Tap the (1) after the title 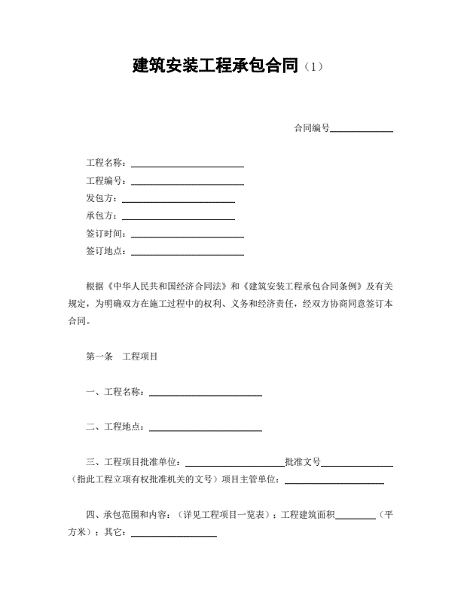pos(313,67)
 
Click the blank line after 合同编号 pos(362,129)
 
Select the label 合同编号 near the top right pos(312,128)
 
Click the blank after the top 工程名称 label pos(188,164)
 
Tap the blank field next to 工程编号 pos(188,182)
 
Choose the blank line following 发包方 pos(179,199)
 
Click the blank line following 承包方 pos(179,217)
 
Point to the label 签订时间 pos(107,234)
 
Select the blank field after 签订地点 pos(188,253)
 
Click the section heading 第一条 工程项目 pos(122,357)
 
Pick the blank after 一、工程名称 pos(206,393)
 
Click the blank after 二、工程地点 pos(206,428)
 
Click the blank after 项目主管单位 pos(334,480)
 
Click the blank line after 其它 pos(174,534)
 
